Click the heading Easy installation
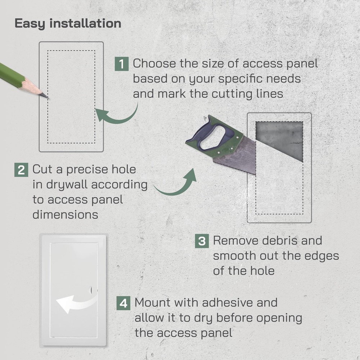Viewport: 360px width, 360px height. point(68,23)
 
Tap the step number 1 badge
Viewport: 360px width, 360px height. point(122,64)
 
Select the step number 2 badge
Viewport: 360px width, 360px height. point(21,170)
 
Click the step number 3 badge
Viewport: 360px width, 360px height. point(202,241)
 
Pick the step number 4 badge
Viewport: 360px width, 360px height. point(123,303)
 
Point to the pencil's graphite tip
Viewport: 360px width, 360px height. point(46,97)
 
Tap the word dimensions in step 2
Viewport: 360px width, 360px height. point(66,215)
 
